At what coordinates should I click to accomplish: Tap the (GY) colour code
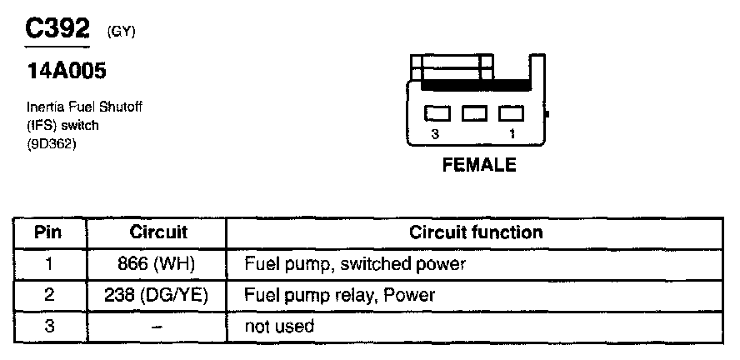pos(122,32)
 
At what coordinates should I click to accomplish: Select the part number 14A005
pos(67,72)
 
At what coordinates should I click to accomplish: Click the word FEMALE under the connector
pos(478,165)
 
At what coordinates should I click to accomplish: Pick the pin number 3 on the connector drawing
pos(435,133)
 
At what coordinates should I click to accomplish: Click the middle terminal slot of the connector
pos(474,112)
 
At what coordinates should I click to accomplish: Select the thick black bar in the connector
pos(476,85)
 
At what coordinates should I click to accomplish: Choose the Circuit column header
pos(158,232)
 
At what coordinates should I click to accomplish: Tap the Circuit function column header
pos(475,232)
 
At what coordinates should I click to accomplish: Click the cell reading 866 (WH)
pos(158,265)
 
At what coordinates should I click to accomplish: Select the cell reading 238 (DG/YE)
pos(158,296)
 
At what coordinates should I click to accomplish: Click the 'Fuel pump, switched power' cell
pos(354,265)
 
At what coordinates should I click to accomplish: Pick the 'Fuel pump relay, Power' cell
pos(339,296)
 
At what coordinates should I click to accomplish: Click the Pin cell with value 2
pos(48,296)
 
